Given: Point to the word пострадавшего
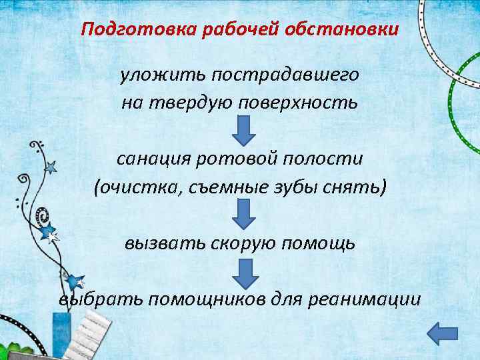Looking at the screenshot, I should (x=285, y=75).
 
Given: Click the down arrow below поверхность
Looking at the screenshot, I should (x=243, y=131).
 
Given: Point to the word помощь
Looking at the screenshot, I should (x=317, y=243).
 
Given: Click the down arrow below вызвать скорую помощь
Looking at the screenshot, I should (x=243, y=273).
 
